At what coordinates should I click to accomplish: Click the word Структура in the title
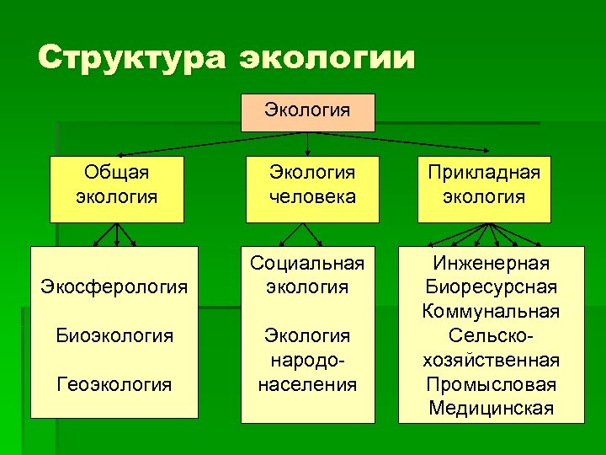click(x=131, y=58)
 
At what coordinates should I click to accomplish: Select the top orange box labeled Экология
click(x=307, y=112)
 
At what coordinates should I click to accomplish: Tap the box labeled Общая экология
click(x=116, y=189)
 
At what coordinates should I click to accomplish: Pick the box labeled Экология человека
click(x=312, y=189)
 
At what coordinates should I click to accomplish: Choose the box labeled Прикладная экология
click(x=484, y=189)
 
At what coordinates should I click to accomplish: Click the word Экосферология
click(x=114, y=286)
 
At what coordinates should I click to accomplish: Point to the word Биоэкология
click(x=114, y=335)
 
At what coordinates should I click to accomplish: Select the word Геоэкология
click(x=114, y=384)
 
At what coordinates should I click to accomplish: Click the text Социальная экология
click(x=307, y=275)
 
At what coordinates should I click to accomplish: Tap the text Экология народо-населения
click(x=307, y=360)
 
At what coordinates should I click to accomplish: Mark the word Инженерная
click(x=491, y=263)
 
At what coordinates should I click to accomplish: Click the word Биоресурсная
click(x=491, y=287)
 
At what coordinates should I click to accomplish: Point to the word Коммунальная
click(x=491, y=312)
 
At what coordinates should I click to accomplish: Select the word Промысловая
click(x=491, y=384)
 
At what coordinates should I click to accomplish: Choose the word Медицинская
click(x=491, y=409)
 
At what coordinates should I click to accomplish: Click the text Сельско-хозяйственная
click(x=491, y=348)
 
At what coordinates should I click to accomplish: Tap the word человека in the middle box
click(x=312, y=198)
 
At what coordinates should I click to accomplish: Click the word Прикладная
click(x=484, y=173)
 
